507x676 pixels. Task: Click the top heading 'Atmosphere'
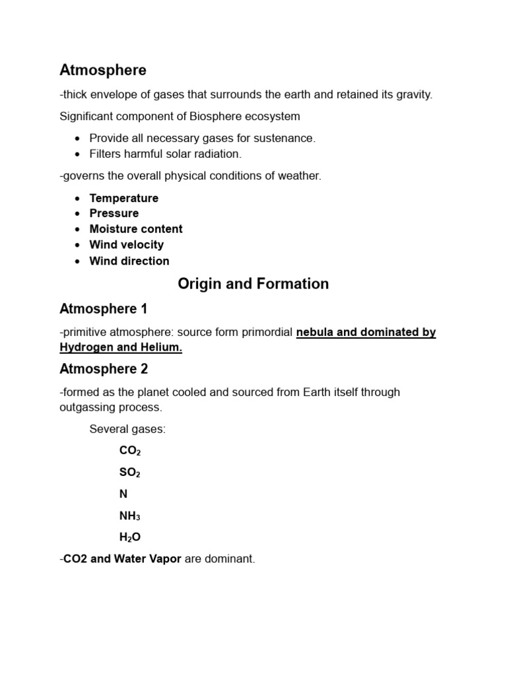(x=103, y=70)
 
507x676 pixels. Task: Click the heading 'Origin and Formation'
(x=253, y=284)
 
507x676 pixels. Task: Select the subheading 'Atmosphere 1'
(x=104, y=309)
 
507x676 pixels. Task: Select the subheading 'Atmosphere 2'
(x=104, y=369)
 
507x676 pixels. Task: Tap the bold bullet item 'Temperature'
(x=124, y=198)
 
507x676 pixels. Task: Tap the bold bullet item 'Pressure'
(x=114, y=213)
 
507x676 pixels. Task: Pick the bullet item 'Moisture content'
(x=136, y=229)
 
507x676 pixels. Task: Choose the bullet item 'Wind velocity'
(x=127, y=245)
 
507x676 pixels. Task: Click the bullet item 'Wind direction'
(x=129, y=261)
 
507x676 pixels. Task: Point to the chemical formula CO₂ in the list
(x=130, y=452)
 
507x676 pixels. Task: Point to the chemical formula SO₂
(x=130, y=473)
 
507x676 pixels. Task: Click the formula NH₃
(x=130, y=516)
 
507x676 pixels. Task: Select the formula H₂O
(x=130, y=537)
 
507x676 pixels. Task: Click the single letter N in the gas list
(x=123, y=494)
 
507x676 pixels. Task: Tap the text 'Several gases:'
(x=127, y=430)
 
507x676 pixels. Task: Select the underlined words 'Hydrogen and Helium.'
(x=121, y=348)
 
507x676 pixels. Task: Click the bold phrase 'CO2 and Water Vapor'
(x=122, y=559)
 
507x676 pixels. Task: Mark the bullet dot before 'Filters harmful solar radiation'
(x=78, y=154)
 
